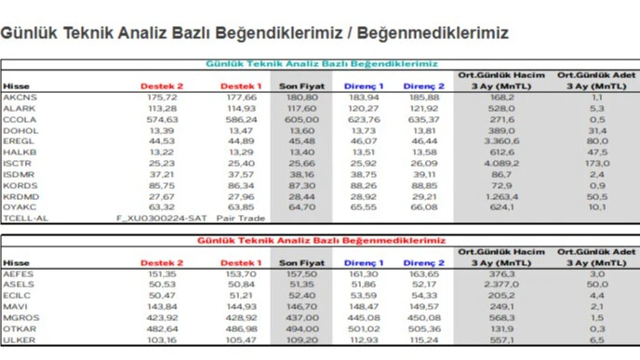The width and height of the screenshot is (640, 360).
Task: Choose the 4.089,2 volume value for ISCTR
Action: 500,164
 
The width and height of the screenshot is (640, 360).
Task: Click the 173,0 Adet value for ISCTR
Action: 595,164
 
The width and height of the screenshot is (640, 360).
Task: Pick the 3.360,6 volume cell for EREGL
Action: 500,141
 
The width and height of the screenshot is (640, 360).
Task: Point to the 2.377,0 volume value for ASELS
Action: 500,284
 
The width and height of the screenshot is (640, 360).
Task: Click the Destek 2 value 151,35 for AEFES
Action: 161,273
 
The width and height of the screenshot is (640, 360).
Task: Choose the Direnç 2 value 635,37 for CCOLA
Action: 423,119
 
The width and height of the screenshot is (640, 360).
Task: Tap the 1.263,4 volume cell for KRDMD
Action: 500,197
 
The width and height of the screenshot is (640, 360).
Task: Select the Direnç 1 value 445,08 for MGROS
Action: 364,317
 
